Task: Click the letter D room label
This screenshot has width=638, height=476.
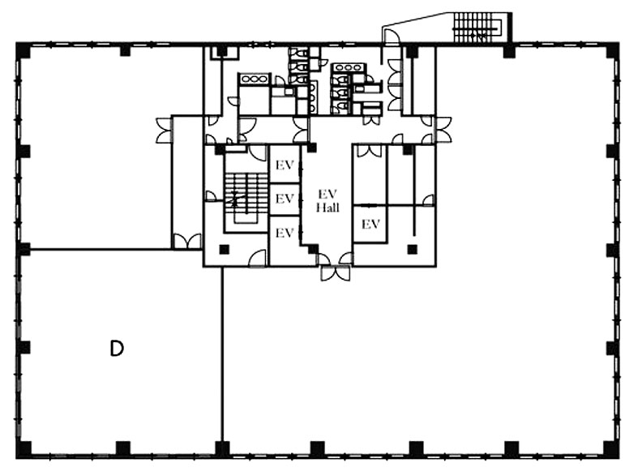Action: coord(117,349)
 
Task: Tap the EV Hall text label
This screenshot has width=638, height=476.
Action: coord(328,200)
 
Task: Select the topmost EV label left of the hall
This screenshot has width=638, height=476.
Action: coord(285,165)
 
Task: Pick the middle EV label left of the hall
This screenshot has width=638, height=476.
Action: coord(285,199)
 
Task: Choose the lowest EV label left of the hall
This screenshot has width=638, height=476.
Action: coord(285,233)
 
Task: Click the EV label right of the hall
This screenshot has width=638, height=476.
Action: coord(370,224)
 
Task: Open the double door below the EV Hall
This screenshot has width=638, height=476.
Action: coord(336,273)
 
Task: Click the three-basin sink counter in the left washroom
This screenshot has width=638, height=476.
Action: coord(255,79)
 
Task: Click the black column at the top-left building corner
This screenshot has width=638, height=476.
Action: coord(23,49)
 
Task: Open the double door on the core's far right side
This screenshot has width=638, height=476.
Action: coord(443,130)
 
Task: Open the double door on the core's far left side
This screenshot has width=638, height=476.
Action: coord(165,131)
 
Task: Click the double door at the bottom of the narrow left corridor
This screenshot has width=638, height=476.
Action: coord(187,242)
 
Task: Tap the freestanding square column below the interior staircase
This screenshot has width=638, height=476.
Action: coord(224,249)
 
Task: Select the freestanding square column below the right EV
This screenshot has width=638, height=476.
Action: coord(413,249)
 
